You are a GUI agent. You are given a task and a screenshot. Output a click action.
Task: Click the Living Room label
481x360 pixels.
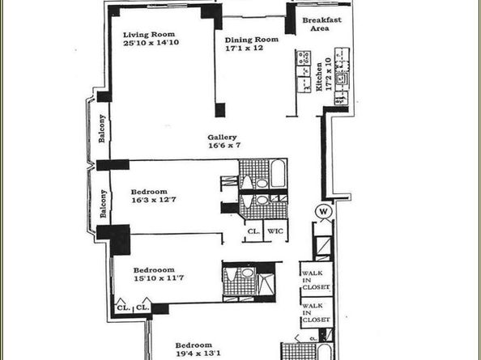pyautogui.click(x=149, y=34)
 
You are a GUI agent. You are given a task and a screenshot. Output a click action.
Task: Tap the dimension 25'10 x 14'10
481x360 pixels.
pyautogui.click(x=151, y=43)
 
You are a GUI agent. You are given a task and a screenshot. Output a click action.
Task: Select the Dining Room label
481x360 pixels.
pyautogui.click(x=252, y=40)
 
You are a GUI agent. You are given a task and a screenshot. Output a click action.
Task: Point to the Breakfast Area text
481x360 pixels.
pyautogui.click(x=321, y=24)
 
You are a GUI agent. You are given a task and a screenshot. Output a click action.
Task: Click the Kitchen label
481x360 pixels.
pyautogui.click(x=319, y=77)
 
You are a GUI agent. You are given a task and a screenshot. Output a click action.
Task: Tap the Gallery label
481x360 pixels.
pyautogui.click(x=222, y=138)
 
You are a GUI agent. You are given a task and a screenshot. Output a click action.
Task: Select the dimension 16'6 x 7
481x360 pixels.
pyautogui.click(x=224, y=146)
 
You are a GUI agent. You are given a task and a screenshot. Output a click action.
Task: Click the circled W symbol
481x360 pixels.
pyautogui.click(x=323, y=211)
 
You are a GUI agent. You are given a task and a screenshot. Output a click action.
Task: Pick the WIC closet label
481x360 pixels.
pyautogui.click(x=275, y=231)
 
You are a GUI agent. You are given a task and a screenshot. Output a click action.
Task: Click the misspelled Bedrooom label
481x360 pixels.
pyautogui.click(x=154, y=270)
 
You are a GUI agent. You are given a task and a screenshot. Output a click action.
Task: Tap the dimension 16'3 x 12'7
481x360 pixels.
pyautogui.click(x=154, y=200)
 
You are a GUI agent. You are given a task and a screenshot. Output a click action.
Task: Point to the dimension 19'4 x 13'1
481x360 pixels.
pyautogui.click(x=198, y=354)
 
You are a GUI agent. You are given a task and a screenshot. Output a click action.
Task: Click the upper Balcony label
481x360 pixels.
pyautogui.click(x=102, y=129)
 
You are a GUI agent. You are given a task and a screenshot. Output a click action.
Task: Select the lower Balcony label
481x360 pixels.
pyautogui.click(x=104, y=204)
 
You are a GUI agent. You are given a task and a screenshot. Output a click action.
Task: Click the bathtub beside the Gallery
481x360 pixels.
pyautogui.click(x=278, y=173)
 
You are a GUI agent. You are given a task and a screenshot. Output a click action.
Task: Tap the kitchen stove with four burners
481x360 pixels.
pyautogui.click(x=303, y=58)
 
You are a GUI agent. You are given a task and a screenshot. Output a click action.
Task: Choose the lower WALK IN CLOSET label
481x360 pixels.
pyautogui.click(x=316, y=313)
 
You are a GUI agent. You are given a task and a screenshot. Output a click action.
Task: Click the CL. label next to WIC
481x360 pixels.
pyautogui.click(x=253, y=231)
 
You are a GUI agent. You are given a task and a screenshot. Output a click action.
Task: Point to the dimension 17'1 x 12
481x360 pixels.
pyautogui.click(x=245, y=48)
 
